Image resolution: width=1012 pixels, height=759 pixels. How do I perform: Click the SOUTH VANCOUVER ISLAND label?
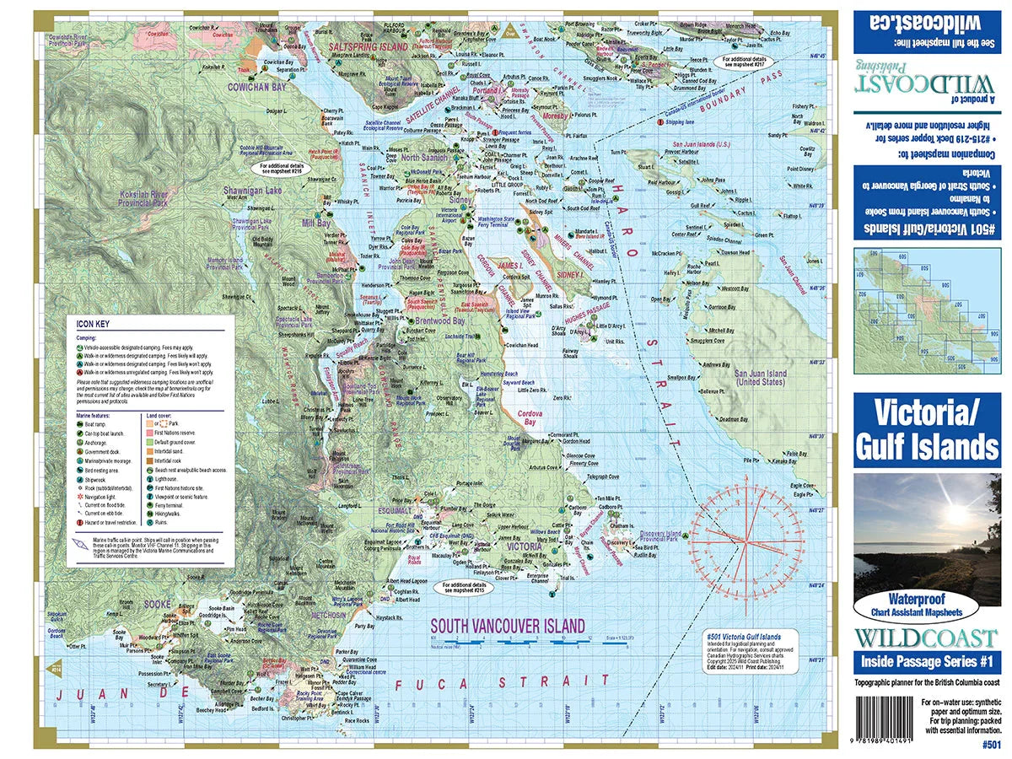507,626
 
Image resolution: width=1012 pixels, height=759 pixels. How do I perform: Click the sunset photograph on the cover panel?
926,533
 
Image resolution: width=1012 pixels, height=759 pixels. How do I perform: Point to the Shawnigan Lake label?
252,191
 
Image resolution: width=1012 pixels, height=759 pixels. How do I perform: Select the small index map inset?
926,310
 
